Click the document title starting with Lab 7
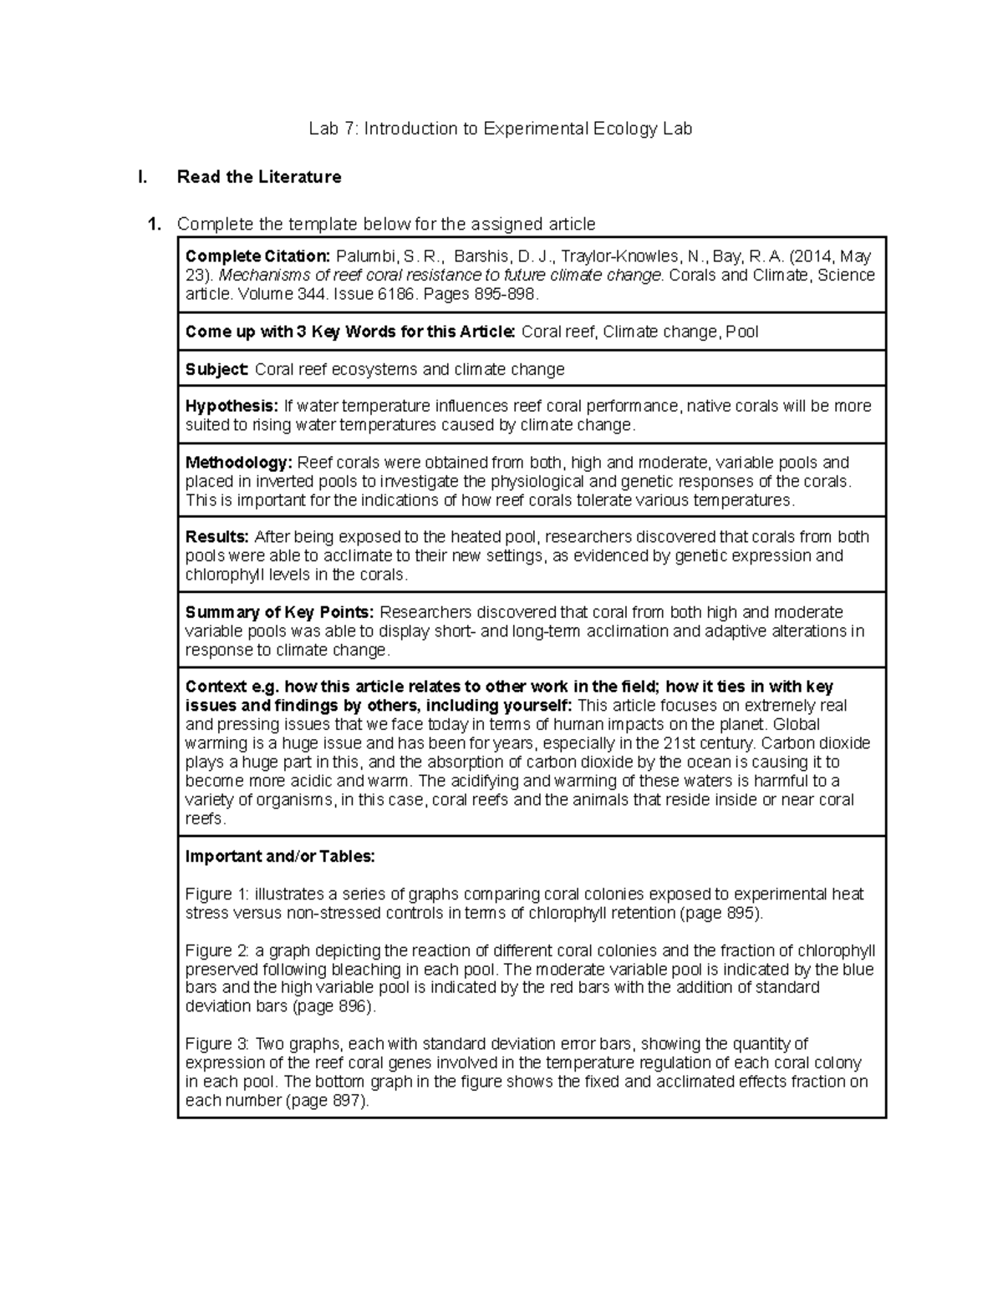pos(500,129)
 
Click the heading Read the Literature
pos(259,177)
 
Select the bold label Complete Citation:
pos(257,256)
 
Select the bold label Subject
pos(216,369)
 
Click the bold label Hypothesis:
pos(232,406)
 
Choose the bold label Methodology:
pos(239,463)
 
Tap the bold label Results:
pos(217,537)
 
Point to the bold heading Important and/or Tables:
pos(280,856)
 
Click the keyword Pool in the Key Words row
pos(741,332)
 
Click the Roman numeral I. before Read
pos(143,177)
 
